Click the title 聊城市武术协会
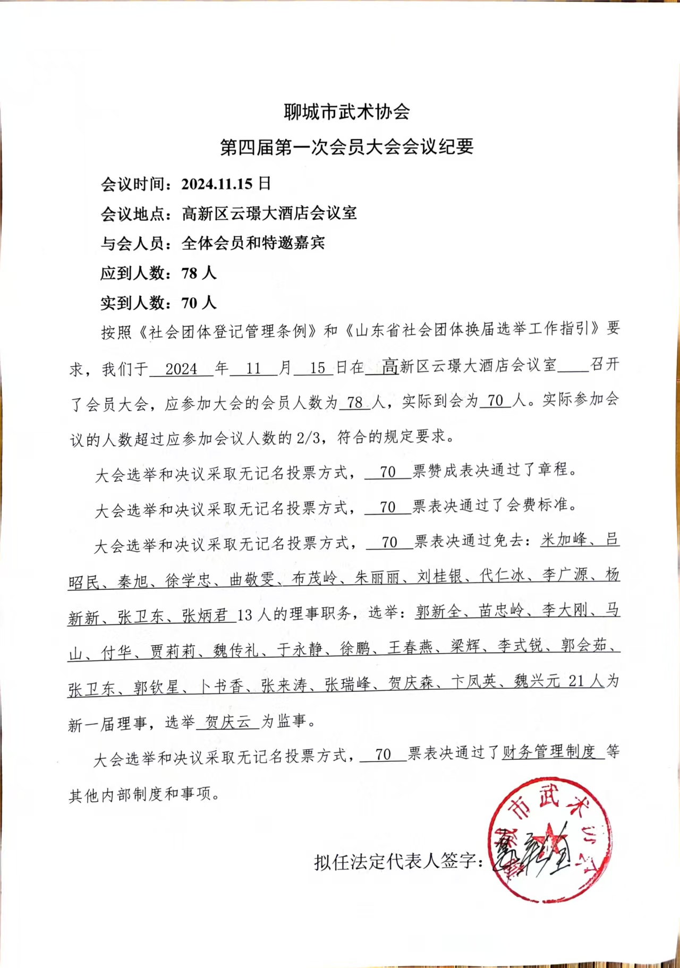[x=346, y=112]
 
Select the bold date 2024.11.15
[x=217, y=184]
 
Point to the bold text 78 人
[x=199, y=273]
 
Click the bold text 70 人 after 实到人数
[x=199, y=303]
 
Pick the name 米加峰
[x=563, y=540]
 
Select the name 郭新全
[x=438, y=612]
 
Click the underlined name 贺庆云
[x=227, y=722]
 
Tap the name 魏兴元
[x=537, y=681]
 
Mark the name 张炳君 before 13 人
[x=205, y=615]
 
